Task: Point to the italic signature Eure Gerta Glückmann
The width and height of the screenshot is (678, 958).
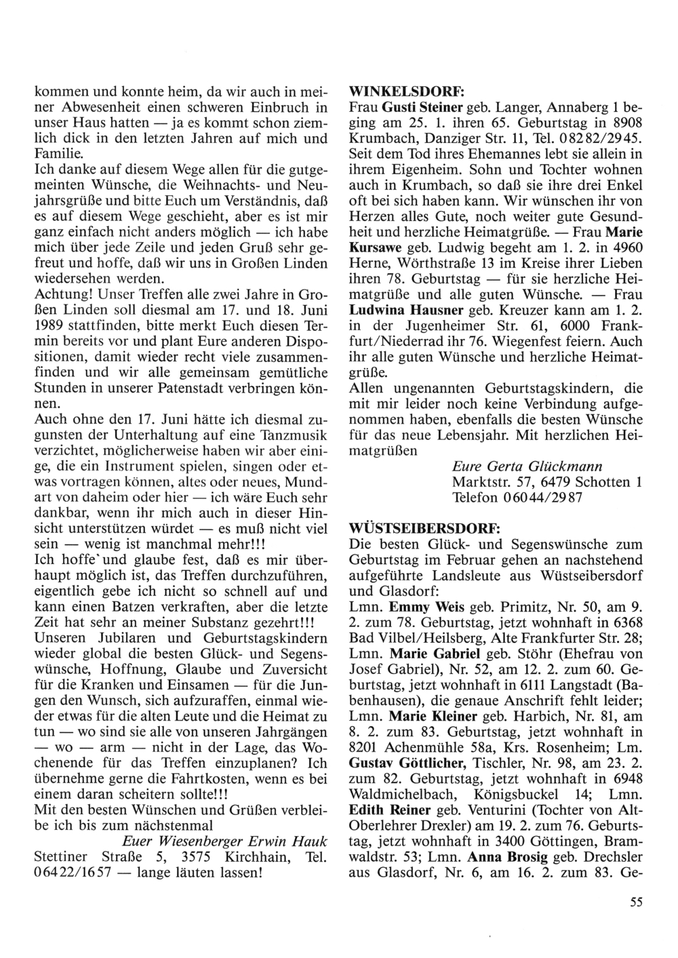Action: [x=527, y=466]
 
